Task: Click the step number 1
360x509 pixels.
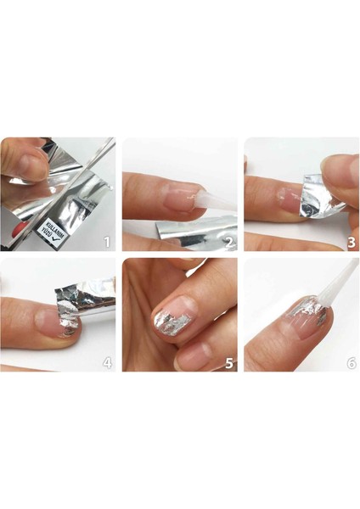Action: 107,242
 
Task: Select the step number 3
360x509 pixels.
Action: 350,242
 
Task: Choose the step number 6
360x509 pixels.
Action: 350,363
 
